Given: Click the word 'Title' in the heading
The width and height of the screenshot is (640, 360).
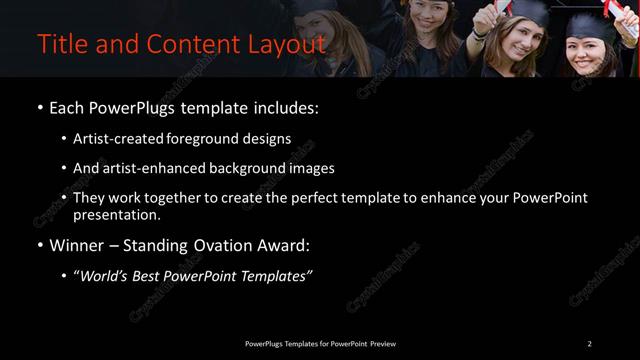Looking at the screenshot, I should (x=59, y=45).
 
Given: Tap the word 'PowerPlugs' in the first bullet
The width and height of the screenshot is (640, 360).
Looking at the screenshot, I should (x=137, y=107).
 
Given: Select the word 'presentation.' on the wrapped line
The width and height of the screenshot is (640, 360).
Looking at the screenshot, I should (x=117, y=214).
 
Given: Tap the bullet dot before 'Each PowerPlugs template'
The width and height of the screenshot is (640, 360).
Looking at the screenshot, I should (x=39, y=107).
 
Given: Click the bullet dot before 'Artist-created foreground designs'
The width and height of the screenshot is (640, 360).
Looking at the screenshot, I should (x=65, y=139).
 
